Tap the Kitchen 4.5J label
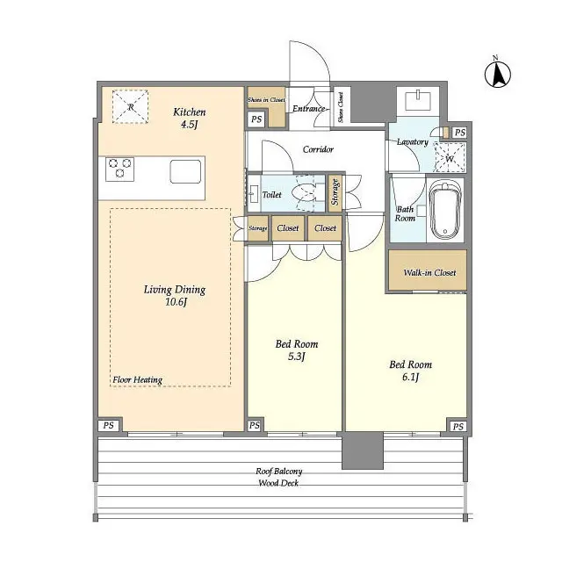coord(189,118)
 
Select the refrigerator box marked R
coord(130,107)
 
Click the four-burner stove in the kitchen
coord(119,168)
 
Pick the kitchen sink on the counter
coord(185,169)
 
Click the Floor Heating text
coord(137,380)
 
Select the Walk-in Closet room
coord(429,272)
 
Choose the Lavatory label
coord(412,142)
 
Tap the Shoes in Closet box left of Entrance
coord(265,100)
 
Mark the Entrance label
coord(309,109)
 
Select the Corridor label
coord(317,149)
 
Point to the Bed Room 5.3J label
coord(297,350)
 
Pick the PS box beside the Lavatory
coord(459,133)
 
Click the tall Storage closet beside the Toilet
coord(335,194)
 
